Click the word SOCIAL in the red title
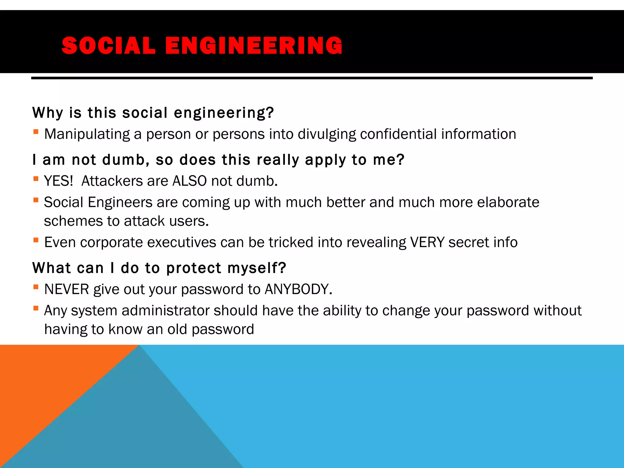coord(108,46)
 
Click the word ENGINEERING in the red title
coord(254,46)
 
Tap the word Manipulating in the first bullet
coord(87,134)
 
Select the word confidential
coord(398,134)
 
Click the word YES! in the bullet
coord(58,181)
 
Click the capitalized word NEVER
coord(66,289)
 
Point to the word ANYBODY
coord(298,289)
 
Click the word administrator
coord(165,311)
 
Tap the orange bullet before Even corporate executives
coord(36,240)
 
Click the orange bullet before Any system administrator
coord(36,308)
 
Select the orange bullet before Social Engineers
coord(36,200)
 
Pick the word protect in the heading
coord(194,268)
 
